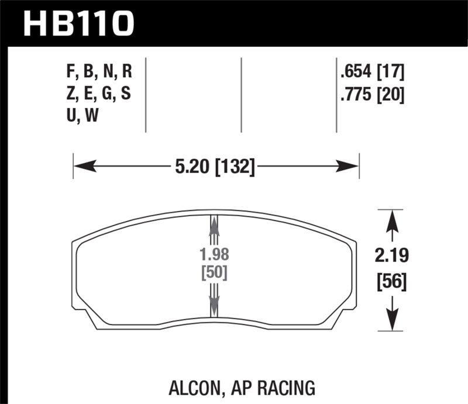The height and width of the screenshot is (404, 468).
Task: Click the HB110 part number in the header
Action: point(79,23)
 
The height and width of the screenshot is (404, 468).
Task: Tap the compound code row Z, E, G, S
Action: point(99,94)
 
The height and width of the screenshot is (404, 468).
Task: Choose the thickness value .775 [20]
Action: point(372,94)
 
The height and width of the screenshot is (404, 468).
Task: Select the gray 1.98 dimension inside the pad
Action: point(215,255)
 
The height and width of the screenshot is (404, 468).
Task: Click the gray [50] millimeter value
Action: point(215,272)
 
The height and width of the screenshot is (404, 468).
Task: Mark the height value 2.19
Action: point(390,256)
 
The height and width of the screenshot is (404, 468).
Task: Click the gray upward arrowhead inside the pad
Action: point(214,225)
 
